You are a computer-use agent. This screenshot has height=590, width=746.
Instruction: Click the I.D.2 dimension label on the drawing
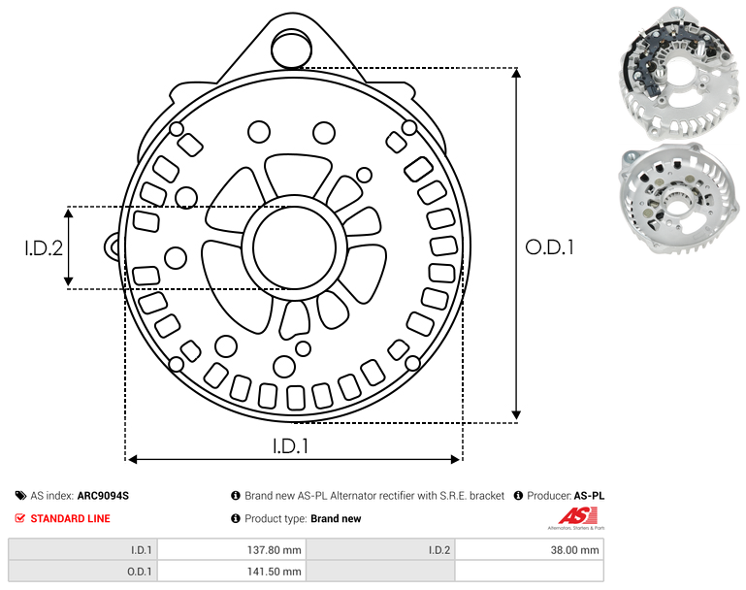click(44, 247)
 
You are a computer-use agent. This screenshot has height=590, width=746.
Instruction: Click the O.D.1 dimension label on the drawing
click(549, 246)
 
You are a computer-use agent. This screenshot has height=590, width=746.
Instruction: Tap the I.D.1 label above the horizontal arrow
click(291, 446)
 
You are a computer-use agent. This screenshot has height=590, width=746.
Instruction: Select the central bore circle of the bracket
click(295, 247)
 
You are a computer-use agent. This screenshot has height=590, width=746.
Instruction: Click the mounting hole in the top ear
click(291, 48)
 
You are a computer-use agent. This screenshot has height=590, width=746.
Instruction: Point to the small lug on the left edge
click(112, 246)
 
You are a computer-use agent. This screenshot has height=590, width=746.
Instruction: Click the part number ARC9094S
click(103, 496)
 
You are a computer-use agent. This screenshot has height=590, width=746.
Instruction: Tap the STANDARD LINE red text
click(71, 518)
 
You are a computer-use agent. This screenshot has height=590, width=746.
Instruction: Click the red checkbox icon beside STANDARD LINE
click(20, 518)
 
